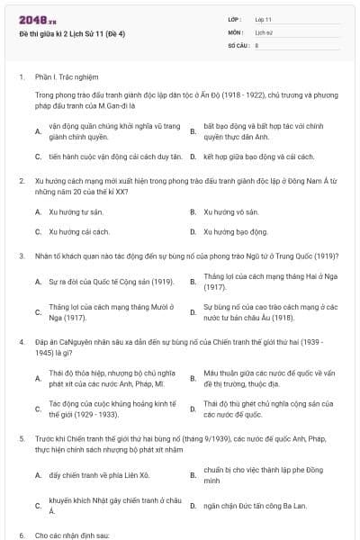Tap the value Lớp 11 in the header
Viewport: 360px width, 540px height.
(x=264, y=19)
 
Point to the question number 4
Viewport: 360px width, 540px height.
(x=22, y=342)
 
